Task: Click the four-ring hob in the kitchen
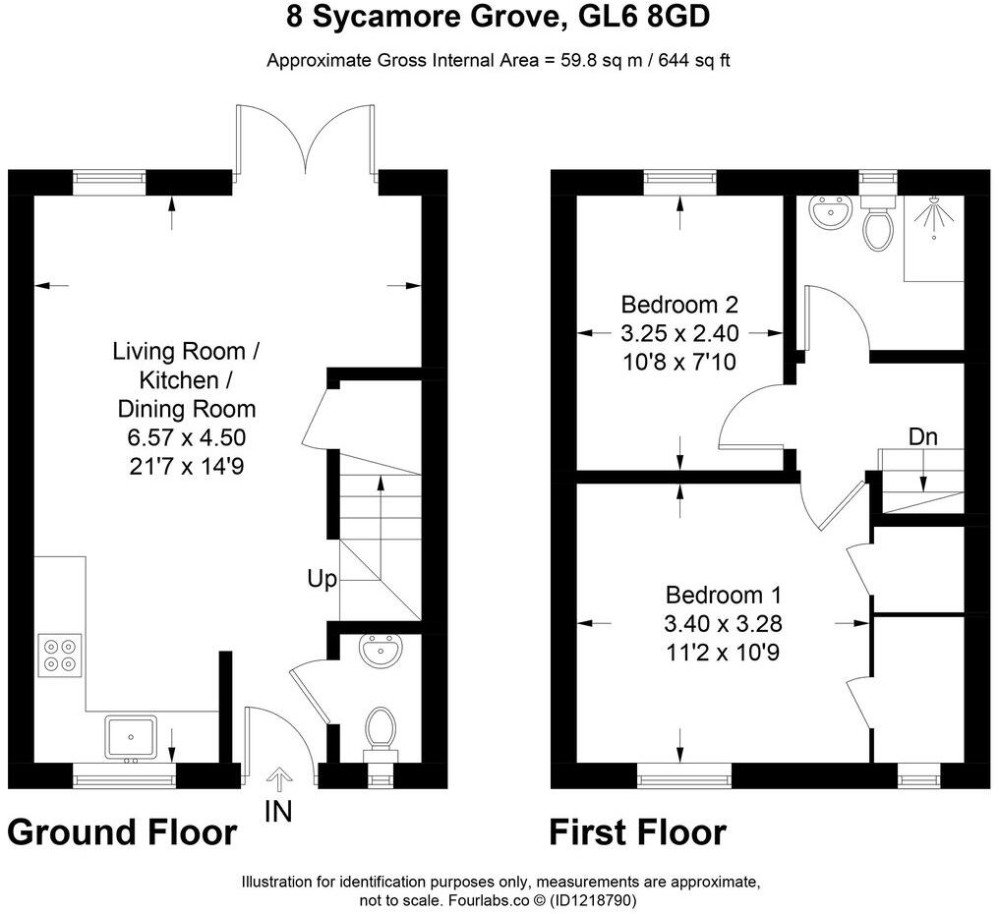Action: point(60,654)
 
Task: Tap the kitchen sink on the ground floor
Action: point(130,737)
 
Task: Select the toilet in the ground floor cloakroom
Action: point(380,730)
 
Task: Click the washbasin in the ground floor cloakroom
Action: point(381,651)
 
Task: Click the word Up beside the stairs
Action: point(322,580)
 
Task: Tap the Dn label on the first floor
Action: point(922,435)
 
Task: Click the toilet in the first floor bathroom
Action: point(876,225)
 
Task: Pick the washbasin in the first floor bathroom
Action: point(830,212)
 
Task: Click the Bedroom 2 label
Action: point(679,304)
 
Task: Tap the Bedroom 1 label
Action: point(723,595)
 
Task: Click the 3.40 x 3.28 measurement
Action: point(723,623)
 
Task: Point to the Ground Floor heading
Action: point(122,832)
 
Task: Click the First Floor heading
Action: point(637,832)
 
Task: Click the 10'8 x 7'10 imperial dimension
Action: point(679,362)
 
